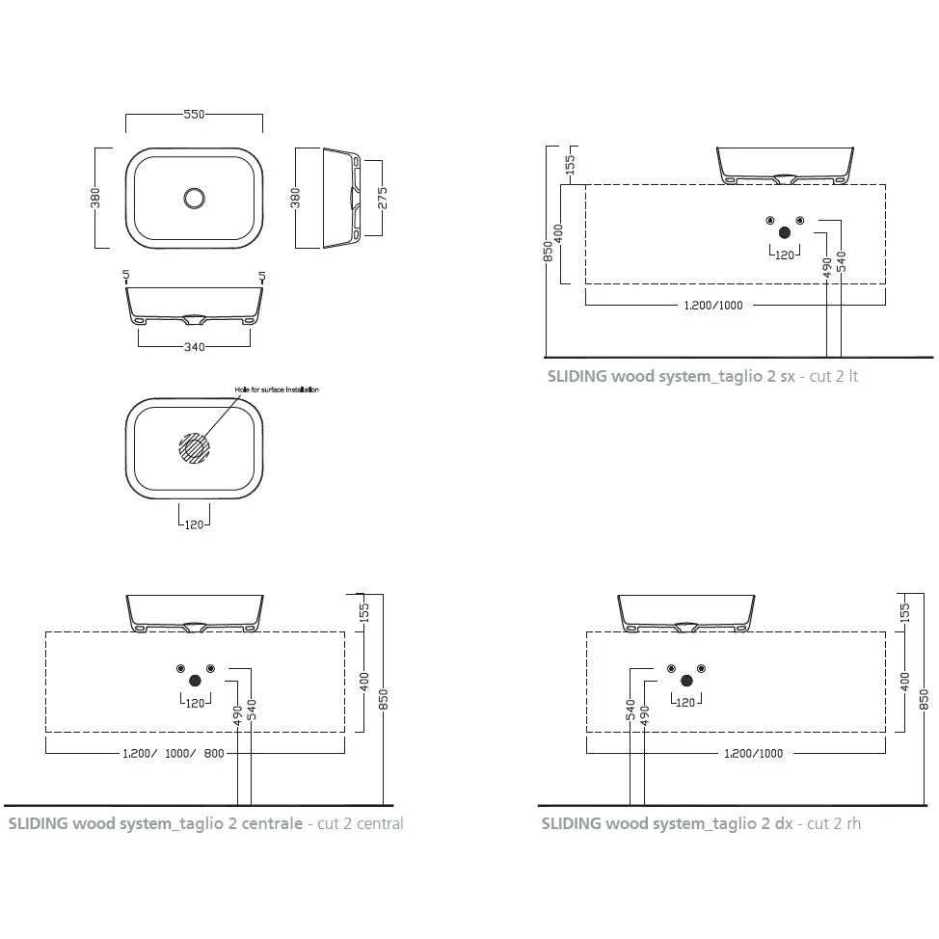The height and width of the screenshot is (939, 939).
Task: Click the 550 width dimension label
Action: [194, 114]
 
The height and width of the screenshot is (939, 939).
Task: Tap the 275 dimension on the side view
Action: [382, 199]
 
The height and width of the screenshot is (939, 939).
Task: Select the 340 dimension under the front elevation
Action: [194, 347]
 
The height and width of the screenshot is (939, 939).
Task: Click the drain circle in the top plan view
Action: [194, 199]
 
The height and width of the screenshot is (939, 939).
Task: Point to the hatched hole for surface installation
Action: [194, 448]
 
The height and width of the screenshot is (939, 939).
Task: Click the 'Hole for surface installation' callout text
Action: [277, 389]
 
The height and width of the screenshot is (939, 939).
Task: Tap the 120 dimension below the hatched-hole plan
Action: [194, 524]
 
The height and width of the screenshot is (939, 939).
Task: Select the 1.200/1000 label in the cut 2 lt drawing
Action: [713, 306]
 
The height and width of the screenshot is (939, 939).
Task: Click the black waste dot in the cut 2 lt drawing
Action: [785, 233]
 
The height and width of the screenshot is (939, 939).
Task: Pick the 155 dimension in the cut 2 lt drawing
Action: [570, 165]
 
